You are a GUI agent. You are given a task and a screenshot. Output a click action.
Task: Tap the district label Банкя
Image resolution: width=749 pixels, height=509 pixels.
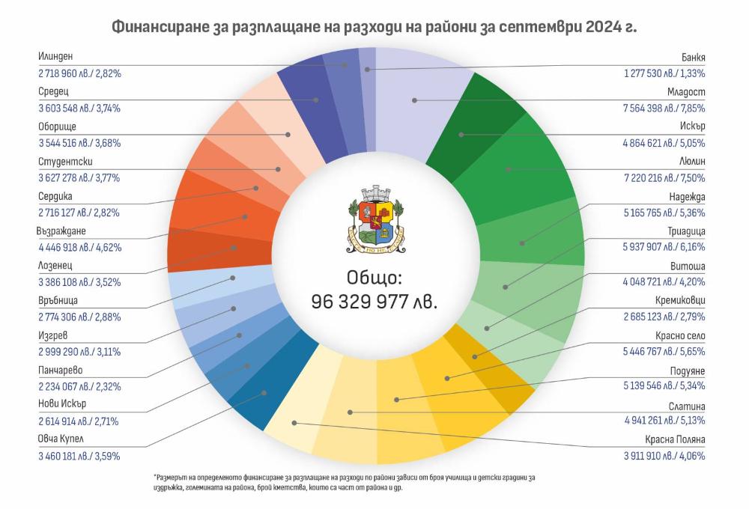click(693, 57)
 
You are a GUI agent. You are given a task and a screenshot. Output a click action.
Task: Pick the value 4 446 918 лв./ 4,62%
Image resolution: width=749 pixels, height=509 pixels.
click(79, 246)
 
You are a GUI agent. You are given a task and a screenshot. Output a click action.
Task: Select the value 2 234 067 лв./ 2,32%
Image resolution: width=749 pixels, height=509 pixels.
click(79, 386)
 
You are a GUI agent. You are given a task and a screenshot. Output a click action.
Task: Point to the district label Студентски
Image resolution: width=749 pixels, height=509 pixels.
click(64, 161)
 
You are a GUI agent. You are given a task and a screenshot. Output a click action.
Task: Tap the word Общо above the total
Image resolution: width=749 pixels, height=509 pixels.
click(374, 278)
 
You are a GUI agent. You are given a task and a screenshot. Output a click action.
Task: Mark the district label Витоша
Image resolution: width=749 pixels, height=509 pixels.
click(689, 266)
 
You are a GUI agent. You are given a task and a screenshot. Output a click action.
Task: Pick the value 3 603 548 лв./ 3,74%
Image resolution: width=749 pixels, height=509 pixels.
click(79, 108)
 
